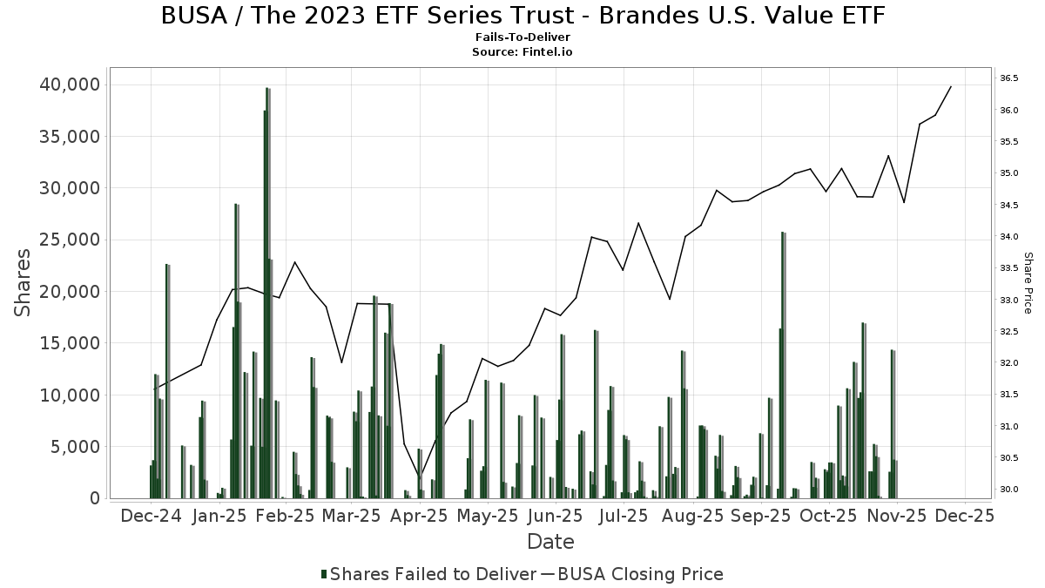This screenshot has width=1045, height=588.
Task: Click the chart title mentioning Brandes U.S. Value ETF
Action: [522, 16]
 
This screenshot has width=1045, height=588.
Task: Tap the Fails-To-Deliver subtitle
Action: [522, 38]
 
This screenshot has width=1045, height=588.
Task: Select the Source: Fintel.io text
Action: [522, 52]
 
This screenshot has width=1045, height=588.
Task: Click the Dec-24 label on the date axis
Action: [152, 516]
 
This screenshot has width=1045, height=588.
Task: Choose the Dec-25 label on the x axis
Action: [964, 516]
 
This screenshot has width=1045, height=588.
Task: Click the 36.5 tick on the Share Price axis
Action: [1009, 78]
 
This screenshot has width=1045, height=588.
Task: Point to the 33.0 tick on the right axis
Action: [1009, 300]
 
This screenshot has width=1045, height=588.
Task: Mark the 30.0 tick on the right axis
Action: [1009, 490]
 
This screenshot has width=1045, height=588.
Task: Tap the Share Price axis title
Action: [1028, 283]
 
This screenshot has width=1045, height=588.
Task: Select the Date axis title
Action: [550, 542]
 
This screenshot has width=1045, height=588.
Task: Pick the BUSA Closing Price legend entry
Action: [640, 574]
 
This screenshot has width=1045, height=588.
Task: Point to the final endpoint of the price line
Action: [951, 86]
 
